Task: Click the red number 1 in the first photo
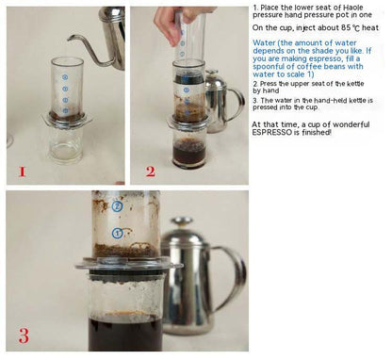click(22, 172)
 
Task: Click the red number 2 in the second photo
click(151, 172)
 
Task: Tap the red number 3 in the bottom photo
click(24, 335)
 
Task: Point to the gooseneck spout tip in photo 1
click(69, 39)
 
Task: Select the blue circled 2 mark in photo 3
click(117, 206)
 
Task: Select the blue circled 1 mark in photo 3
click(117, 234)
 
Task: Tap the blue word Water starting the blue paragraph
click(264, 43)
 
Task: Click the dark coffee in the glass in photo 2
click(189, 154)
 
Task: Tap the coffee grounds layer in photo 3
click(126, 251)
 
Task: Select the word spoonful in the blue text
click(269, 67)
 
